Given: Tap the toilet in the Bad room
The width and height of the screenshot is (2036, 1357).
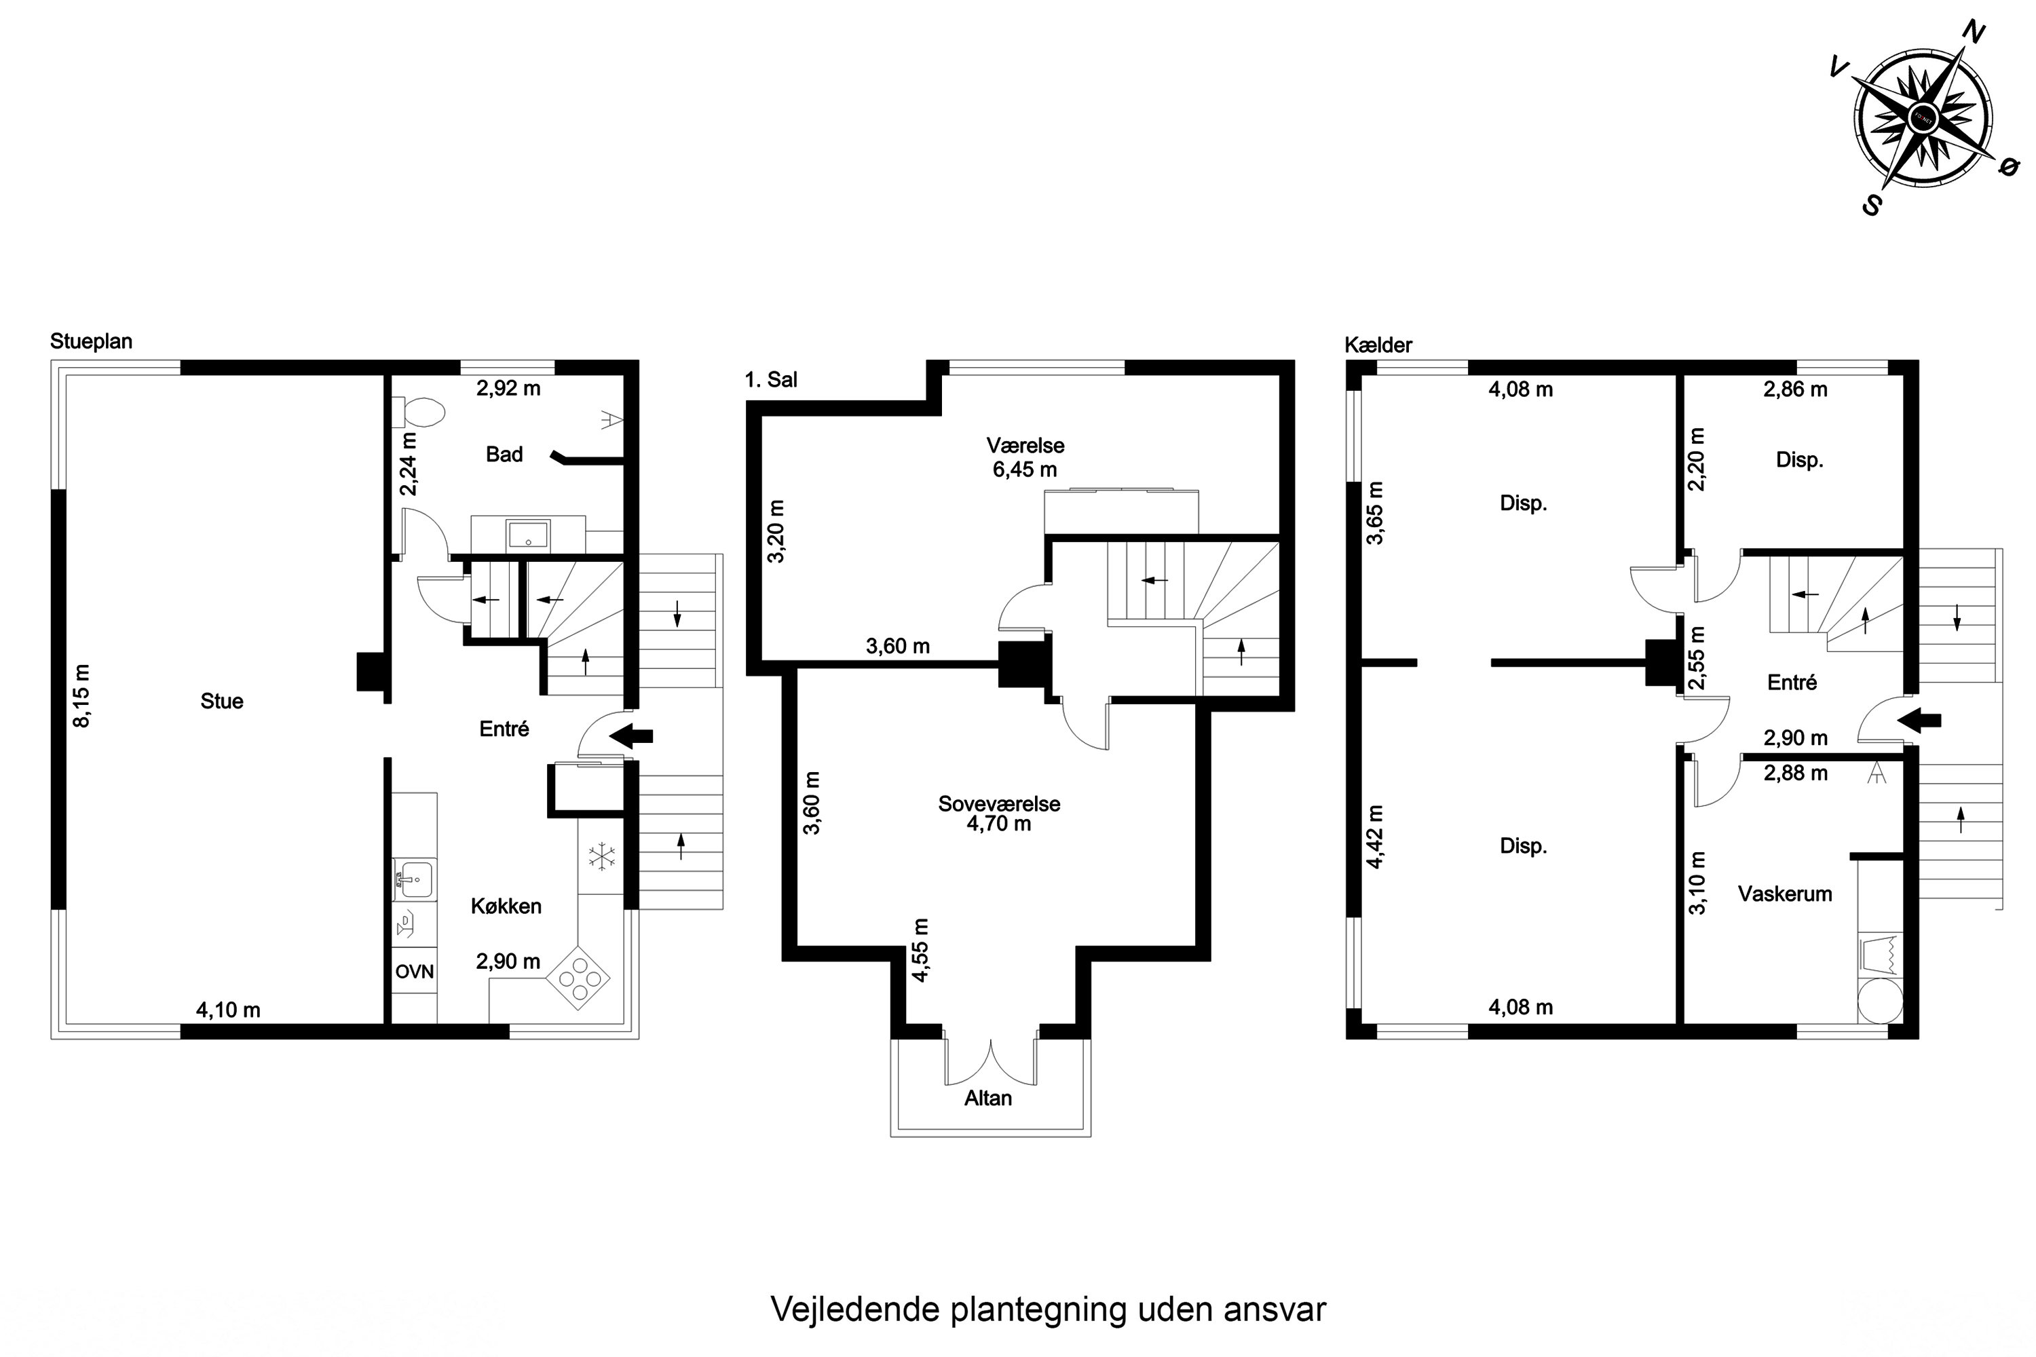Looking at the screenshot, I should [x=422, y=413].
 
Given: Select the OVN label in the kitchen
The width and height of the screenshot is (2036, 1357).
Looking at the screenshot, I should [x=414, y=972].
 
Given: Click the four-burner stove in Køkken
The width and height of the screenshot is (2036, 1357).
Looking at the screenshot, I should [x=578, y=979].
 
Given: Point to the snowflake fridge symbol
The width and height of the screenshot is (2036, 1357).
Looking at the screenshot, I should [x=601, y=857].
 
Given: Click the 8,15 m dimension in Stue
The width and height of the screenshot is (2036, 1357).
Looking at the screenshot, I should [x=81, y=696].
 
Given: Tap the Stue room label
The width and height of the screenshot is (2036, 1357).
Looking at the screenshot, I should [x=222, y=701].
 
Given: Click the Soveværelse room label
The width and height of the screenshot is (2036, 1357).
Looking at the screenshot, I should [x=999, y=803].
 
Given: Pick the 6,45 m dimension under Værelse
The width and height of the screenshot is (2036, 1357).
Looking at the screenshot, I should [x=1024, y=470].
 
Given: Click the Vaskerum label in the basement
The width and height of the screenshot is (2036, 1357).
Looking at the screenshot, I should [x=1784, y=894].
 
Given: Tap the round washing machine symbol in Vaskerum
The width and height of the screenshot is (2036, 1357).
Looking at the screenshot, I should [x=1880, y=1001].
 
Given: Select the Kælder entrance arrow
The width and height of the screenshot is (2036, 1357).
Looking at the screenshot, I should [x=1919, y=719].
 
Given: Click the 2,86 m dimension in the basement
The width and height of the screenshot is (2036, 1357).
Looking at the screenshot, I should [x=1794, y=389].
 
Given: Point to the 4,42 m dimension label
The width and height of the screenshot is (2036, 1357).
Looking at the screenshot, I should [x=1375, y=836].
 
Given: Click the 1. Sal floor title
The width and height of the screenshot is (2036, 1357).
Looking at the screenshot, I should [x=770, y=379].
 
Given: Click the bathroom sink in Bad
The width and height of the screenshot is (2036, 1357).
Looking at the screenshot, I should [x=528, y=534].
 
